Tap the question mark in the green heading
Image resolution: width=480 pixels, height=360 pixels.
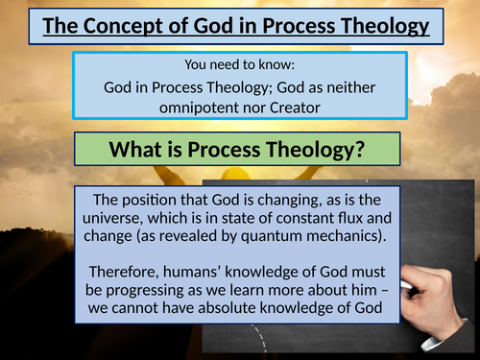pos(368,150)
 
